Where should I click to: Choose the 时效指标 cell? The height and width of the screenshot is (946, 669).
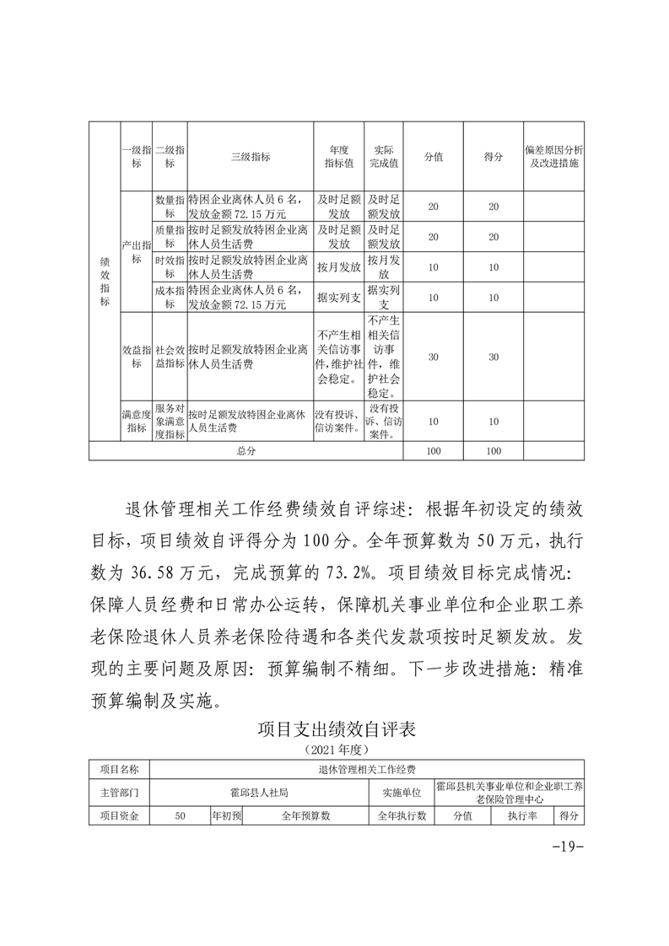(x=170, y=267)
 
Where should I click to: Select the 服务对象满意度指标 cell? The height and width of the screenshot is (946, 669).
(x=170, y=421)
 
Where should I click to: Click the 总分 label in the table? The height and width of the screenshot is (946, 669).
(x=246, y=451)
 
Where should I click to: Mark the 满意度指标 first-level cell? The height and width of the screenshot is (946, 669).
(x=136, y=421)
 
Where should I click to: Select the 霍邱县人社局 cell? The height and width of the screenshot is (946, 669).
(x=260, y=793)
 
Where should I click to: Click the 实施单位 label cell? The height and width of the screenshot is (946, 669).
(x=401, y=793)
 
